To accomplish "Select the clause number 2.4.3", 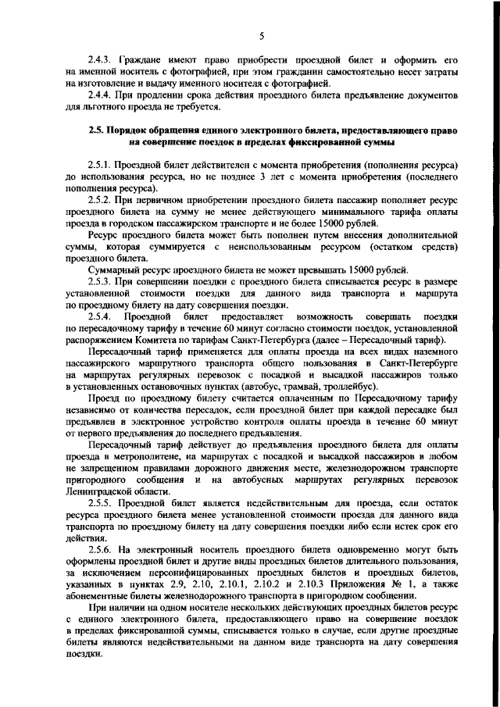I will coord(100,59).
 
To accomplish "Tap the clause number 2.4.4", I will coord(100,94).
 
